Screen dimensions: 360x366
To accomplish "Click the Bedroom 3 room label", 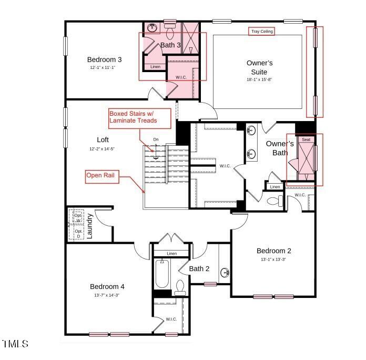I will (x=104, y=59).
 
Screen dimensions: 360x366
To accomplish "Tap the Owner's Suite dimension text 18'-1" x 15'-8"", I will (x=259, y=79).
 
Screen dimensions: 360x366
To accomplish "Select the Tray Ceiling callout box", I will (x=261, y=32).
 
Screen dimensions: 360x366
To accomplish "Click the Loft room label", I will (x=103, y=140).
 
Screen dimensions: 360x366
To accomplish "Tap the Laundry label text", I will (x=90, y=226).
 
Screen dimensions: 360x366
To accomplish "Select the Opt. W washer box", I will (x=77, y=217).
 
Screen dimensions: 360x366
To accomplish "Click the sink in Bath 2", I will (x=225, y=273).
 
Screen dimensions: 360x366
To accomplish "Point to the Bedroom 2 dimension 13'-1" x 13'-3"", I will (x=273, y=259).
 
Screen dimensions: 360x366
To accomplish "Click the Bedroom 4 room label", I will (x=107, y=286).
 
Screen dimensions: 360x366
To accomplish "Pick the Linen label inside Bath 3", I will (x=155, y=67).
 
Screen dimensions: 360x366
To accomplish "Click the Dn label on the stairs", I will (x=156, y=139).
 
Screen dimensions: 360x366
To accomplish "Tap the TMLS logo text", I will (x=15, y=344).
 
